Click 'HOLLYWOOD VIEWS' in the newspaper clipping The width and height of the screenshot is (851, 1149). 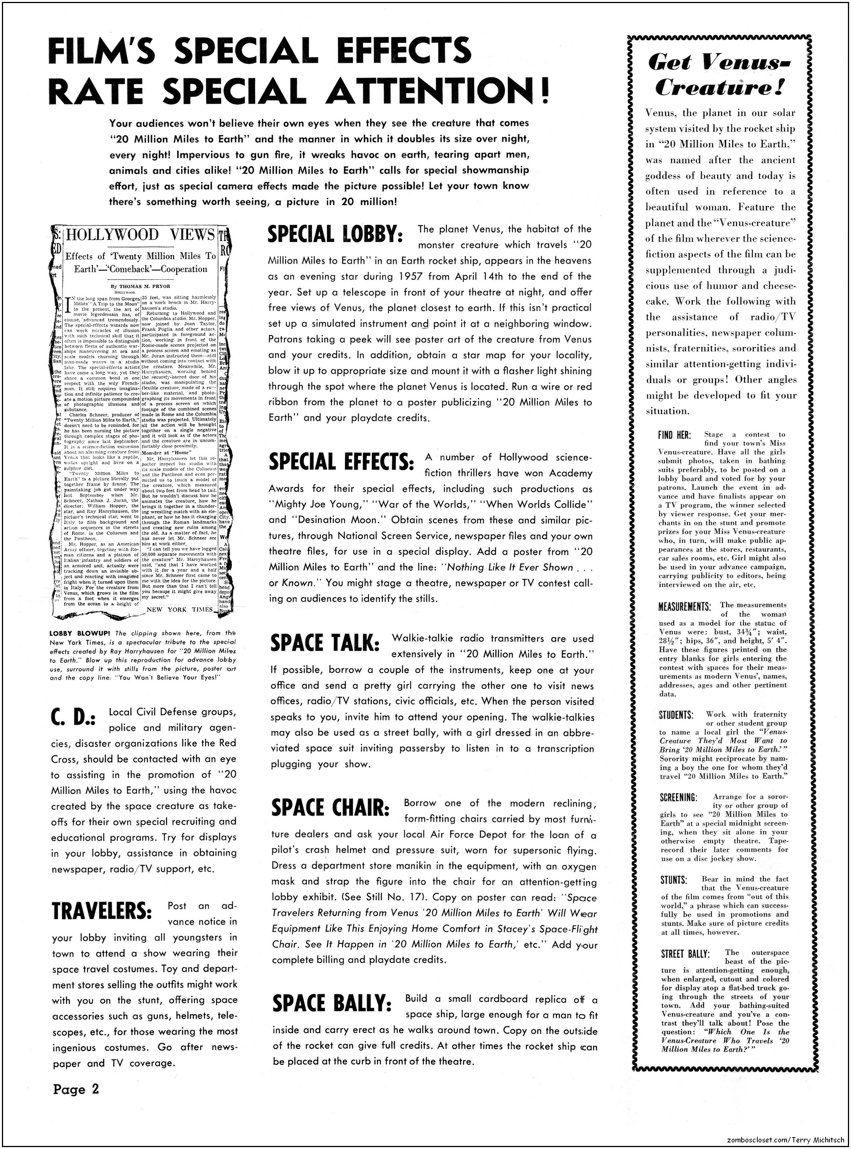click(140, 235)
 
